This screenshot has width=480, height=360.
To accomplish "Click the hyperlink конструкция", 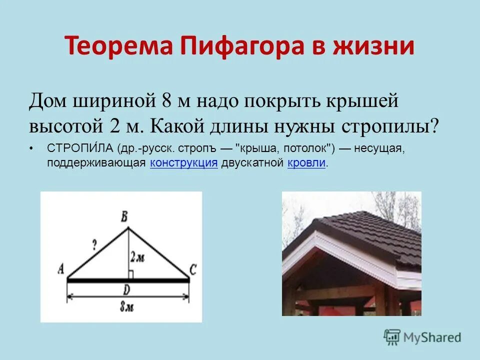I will coord(183,162).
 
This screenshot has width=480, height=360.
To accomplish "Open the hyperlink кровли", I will coord(307,162).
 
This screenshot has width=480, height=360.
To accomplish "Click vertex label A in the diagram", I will coord(60,269).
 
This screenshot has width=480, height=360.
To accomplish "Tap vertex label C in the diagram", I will coord(193,270).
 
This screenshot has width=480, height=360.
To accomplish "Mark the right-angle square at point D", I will coord(130,274).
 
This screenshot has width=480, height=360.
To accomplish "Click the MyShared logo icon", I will coord(391,336).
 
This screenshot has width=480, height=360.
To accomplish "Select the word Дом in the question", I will coord(48,101).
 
